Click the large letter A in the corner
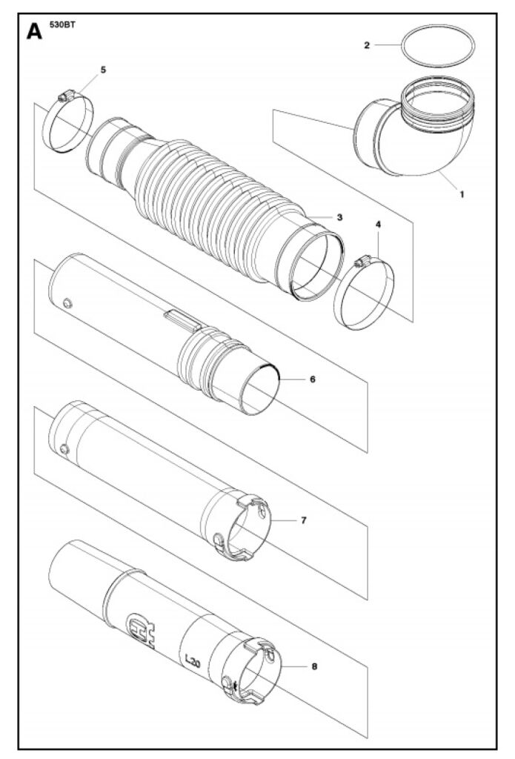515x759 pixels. pos(34,31)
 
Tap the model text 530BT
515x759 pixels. pos(62,24)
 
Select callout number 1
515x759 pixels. pos(462,194)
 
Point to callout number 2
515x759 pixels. pos(366,45)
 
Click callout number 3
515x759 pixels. pos(340,217)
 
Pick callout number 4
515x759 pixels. pos(378,224)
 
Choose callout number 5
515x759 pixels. pos(103,70)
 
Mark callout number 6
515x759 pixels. pos(313,379)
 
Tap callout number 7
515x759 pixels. pos(304,520)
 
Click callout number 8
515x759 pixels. pos(315,666)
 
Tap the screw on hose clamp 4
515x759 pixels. pos(362,262)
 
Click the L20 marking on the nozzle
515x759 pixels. pos(192,661)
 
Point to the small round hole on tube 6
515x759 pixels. pos(67,303)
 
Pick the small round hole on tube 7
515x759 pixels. pos(65,450)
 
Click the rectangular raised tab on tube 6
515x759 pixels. pos(182,320)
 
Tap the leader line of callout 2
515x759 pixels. pos(388,45)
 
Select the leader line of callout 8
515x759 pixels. pos(295,666)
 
